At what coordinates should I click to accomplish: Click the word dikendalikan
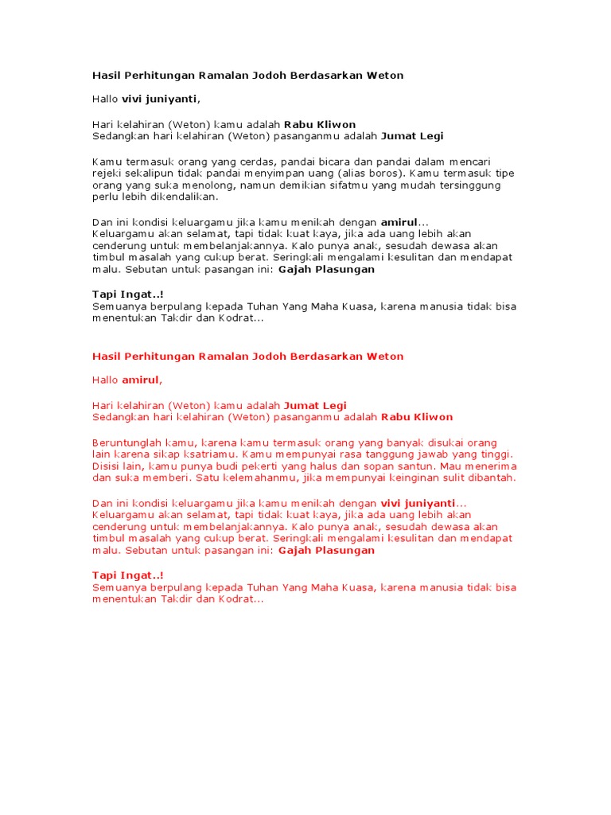click(x=169, y=197)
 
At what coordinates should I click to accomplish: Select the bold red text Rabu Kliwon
click(x=417, y=417)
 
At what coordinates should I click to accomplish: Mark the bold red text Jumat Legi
click(x=315, y=405)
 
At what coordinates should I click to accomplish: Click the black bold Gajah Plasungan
click(x=326, y=269)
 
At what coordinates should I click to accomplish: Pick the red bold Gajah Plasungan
click(x=326, y=550)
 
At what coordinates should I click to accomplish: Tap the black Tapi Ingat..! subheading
click(x=128, y=294)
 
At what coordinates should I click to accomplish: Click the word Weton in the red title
click(x=384, y=356)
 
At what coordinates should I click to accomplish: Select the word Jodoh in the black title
click(x=258, y=76)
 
